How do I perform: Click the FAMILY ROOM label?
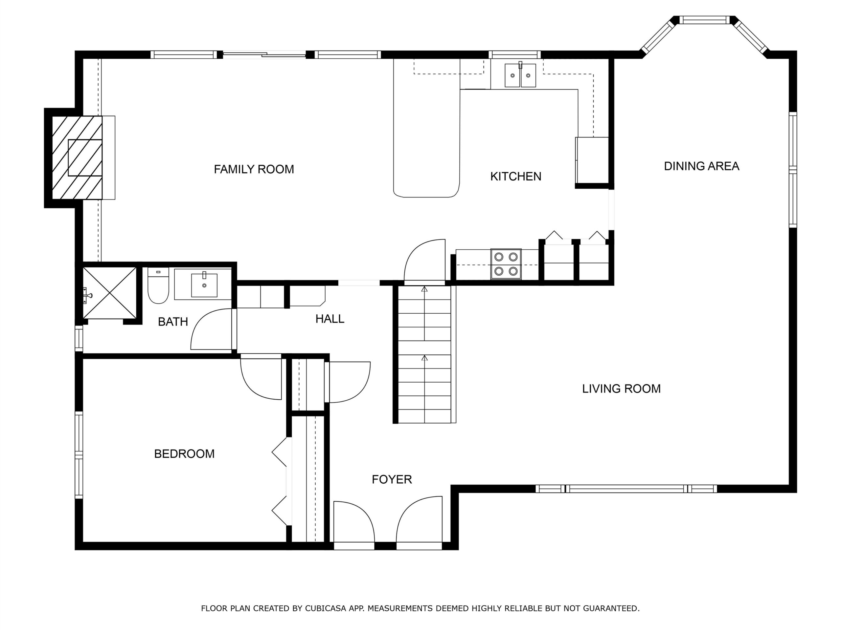coord(254,169)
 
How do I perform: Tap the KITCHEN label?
coord(515,176)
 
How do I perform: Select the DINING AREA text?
coord(701,166)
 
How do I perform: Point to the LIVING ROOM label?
coord(621,388)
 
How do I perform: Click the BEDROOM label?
coord(184,454)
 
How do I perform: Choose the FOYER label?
coord(392,480)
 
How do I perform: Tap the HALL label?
coord(330,319)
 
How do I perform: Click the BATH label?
coord(173,322)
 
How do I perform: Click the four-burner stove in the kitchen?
coord(506,264)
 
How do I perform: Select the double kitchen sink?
coord(520,75)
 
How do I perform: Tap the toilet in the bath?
coord(158,285)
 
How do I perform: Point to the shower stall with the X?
coord(109,293)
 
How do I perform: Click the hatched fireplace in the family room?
coord(77,157)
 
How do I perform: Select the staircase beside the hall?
coord(424,354)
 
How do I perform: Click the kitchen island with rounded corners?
coord(427,128)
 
